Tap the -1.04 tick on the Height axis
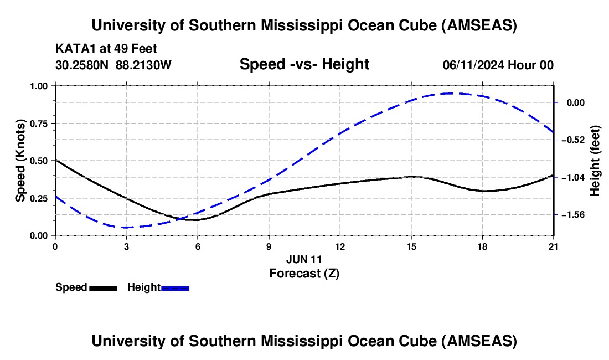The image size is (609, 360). point(571,177)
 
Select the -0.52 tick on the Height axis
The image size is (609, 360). point(571,140)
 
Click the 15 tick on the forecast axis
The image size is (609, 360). point(411,246)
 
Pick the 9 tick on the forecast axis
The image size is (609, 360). point(269,246)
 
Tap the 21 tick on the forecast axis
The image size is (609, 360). point(553,246)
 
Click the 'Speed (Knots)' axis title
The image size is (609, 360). point(20,161)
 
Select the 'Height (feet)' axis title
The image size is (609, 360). point(595,161)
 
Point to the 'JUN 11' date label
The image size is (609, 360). point(304,259)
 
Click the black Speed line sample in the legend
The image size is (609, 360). point(103,288)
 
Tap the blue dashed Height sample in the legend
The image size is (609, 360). point(175,288)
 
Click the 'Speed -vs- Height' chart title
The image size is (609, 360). point(304,64)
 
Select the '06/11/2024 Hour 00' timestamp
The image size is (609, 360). point(498,65)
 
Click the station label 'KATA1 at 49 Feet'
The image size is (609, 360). point(110,49)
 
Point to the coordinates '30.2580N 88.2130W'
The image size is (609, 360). point(113,65)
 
